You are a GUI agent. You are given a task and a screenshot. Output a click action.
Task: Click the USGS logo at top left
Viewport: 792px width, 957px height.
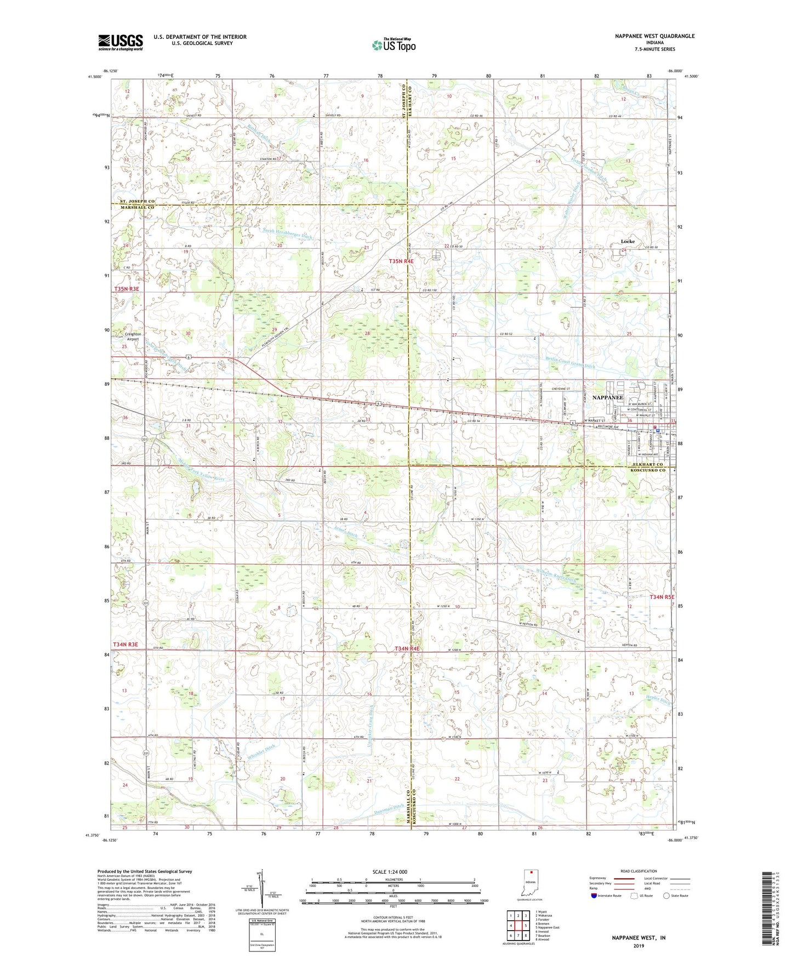(x=121, y=42)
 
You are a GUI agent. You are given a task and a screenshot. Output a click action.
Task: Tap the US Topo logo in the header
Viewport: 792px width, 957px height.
(x=394, y=45)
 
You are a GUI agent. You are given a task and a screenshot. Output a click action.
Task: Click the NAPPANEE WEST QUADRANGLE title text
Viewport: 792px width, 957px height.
(x=654, y=36)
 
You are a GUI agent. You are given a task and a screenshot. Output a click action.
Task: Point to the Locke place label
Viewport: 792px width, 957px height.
(x=628, y=241)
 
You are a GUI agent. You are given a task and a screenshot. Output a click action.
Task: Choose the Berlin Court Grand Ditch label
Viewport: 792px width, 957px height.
(x=570, y=362)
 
